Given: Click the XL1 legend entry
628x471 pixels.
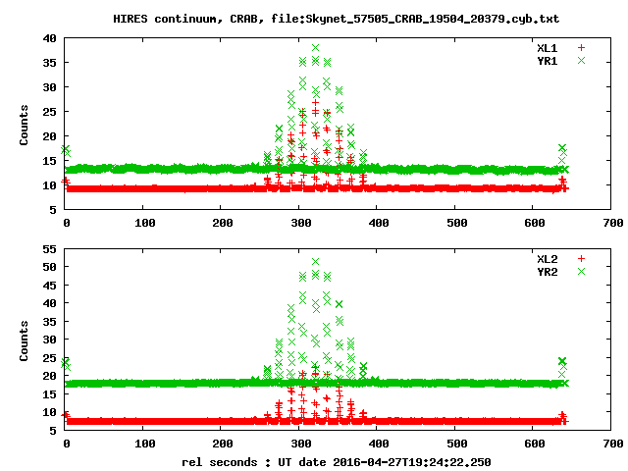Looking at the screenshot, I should pos(547,47).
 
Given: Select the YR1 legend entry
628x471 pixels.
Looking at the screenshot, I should pos(547,60).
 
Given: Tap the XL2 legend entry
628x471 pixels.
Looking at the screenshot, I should pos(547,258).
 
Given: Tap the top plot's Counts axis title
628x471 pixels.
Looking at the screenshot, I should pos(25,125).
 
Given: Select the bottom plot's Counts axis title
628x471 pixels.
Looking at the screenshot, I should pos(25,343).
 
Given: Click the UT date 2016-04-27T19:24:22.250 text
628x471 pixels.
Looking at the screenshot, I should pos(406,460).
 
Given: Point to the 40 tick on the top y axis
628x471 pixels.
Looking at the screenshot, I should pos(48,38).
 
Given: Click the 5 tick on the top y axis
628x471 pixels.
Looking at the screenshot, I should pos(52,209).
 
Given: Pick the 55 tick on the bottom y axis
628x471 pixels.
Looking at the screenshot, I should pos(48,247).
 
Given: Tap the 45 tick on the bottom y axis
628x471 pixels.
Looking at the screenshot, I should pos(48,284).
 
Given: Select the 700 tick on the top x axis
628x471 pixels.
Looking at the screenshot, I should pos(612,223).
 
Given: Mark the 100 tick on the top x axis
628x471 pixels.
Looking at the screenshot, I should pos(143,223).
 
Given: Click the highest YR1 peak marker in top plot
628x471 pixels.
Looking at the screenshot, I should pos(315,47).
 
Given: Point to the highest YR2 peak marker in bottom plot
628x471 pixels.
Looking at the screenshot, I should pos(315,262).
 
